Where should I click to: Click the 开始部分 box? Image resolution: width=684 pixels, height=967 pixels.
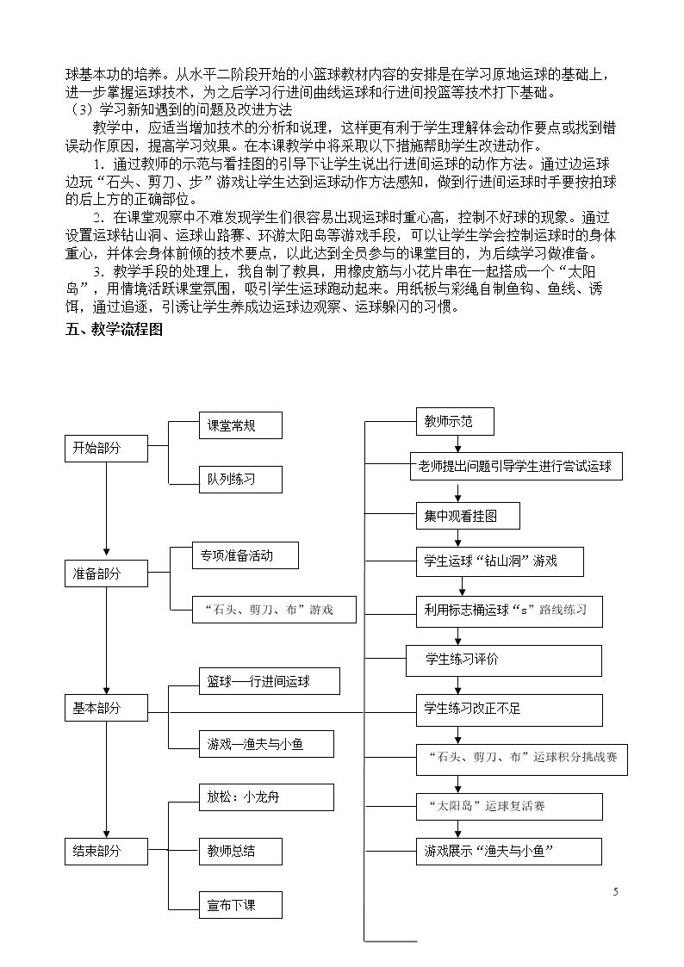106,449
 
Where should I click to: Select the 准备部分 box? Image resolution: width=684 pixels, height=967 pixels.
106,573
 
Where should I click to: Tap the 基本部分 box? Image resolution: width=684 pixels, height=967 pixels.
106,707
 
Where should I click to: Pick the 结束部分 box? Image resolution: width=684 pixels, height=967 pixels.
106,851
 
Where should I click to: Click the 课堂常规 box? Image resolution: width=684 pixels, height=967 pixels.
240,425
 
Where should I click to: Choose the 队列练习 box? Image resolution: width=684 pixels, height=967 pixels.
240,479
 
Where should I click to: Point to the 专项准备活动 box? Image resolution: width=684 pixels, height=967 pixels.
246,555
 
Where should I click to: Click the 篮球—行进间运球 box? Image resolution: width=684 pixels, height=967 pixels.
269,681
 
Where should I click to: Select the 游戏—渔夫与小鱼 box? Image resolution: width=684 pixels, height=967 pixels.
266,744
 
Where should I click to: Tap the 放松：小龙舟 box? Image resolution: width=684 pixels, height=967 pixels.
266,797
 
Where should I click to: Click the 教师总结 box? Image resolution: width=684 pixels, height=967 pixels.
240,851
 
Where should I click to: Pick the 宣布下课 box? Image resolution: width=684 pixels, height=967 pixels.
240,905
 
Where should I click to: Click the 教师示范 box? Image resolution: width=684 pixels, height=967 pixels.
455,421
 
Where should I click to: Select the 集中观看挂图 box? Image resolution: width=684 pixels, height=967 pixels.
468,516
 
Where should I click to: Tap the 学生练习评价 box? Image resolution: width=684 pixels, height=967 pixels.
503,660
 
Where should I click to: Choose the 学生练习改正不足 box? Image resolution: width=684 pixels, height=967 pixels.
509,710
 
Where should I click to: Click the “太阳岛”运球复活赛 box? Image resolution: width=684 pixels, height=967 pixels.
509,807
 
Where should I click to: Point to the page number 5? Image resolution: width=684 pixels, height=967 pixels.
616,892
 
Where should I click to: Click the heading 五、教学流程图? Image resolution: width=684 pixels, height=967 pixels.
114,330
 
